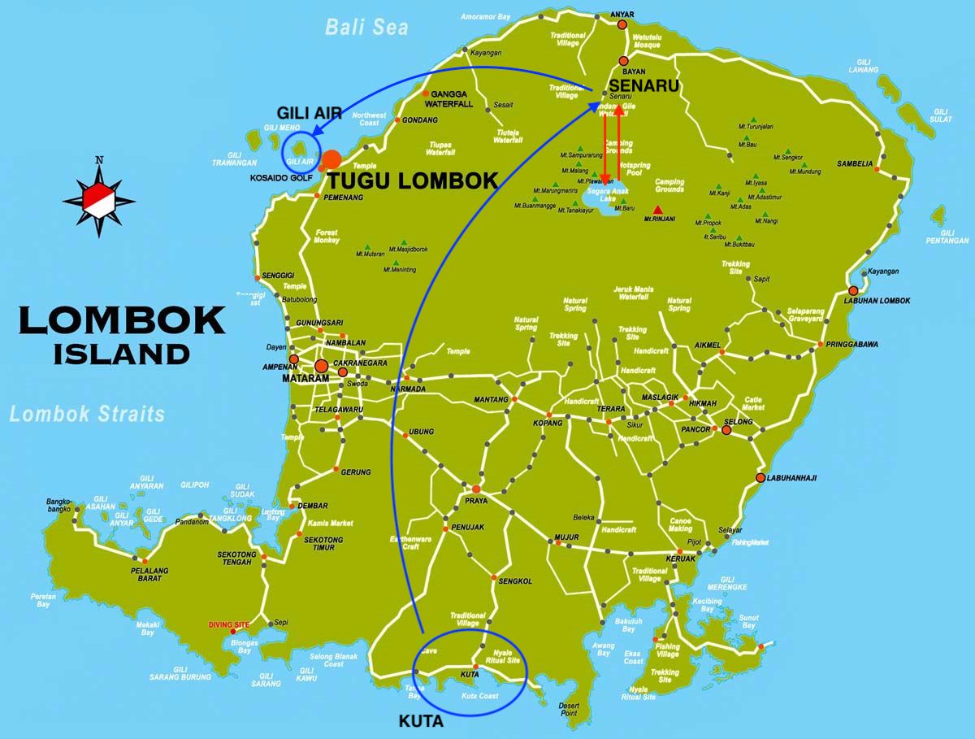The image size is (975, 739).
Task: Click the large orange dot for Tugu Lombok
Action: click(x=331, y=159)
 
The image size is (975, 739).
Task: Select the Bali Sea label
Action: click(x=366, y=27)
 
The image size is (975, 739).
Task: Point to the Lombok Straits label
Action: click(x=87, y=414)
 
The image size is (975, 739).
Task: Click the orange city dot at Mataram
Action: click(x=322, y=366)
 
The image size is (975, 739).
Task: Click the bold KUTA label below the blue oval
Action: click(x=421, y=721)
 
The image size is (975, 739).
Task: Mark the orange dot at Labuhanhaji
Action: click(x=760, y=478)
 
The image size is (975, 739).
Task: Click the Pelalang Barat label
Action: click(x=149, y=575)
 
